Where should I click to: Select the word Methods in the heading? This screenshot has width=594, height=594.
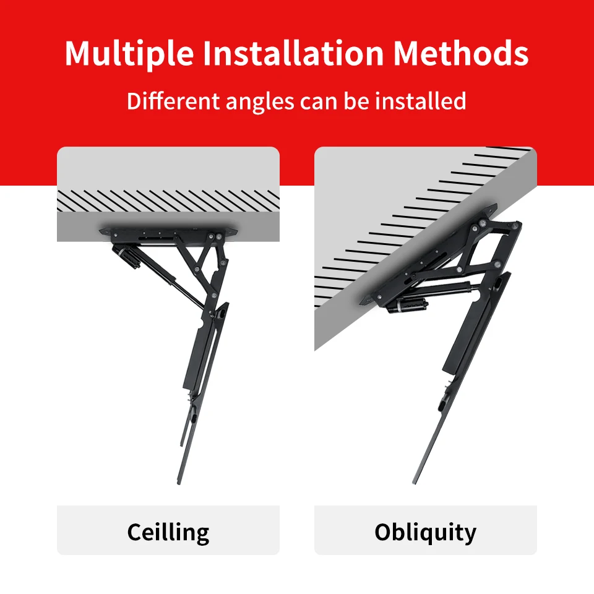pyautogui.click(x=461, y=54)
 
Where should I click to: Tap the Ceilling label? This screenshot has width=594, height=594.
pyautogui.click(x=168, y=532)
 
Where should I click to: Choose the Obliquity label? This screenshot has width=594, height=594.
pyautogui.click(x=426, y=532)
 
